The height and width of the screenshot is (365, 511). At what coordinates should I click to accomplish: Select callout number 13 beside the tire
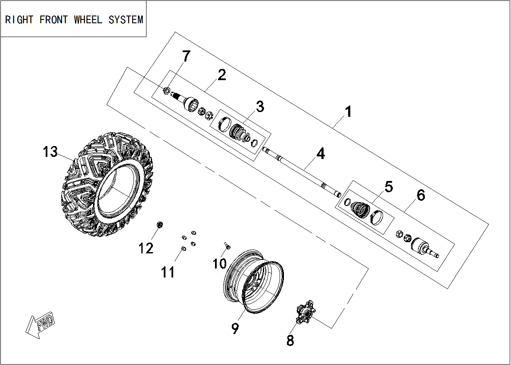(50, 152)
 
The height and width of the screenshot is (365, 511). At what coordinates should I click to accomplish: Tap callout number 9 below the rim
(235, 329)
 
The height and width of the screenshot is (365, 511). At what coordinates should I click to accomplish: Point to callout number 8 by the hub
(290, 340)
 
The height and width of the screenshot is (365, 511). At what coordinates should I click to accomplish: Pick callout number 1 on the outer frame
(348, 112)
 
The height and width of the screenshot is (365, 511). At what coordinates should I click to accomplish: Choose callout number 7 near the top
(186, 56)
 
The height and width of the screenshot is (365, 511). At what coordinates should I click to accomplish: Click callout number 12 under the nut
(146, 248)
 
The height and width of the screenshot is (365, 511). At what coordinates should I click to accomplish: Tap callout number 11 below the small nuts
(168, 272)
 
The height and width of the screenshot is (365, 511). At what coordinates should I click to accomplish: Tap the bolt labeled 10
(227, 246)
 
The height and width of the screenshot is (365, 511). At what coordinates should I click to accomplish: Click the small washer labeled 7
(167, 90)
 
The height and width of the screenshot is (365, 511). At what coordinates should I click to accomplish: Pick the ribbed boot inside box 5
(360, 208)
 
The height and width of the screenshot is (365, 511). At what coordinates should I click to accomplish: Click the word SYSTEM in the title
(126, 20)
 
